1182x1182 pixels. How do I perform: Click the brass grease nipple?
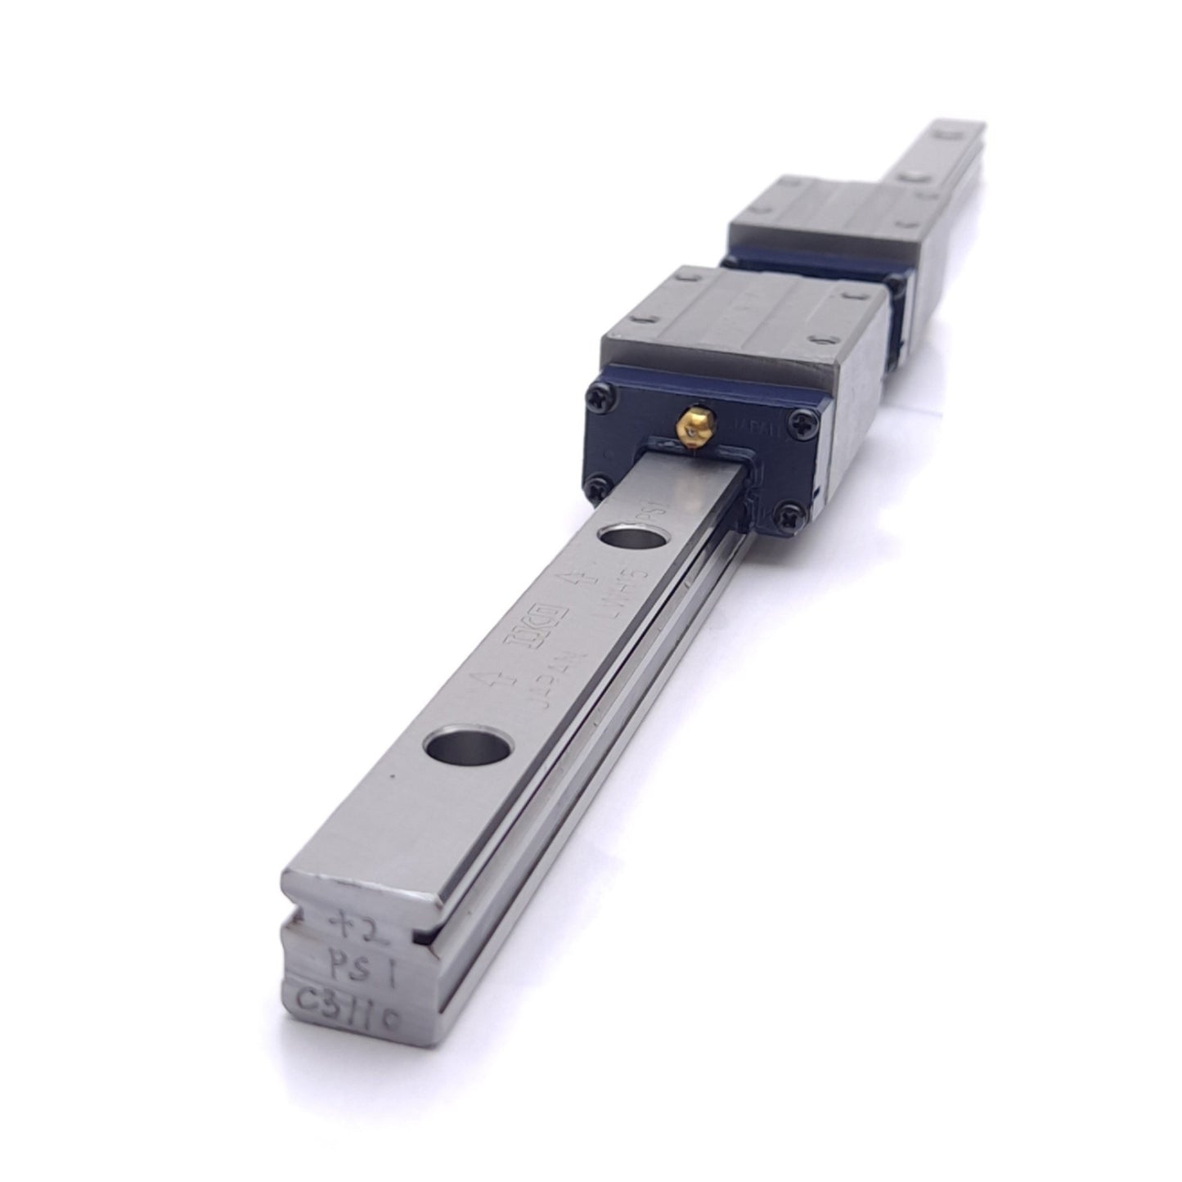[x=690, y=423]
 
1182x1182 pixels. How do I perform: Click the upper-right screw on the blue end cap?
[x=798, y=420]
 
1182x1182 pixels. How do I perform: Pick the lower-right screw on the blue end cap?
[x=788, y=515]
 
